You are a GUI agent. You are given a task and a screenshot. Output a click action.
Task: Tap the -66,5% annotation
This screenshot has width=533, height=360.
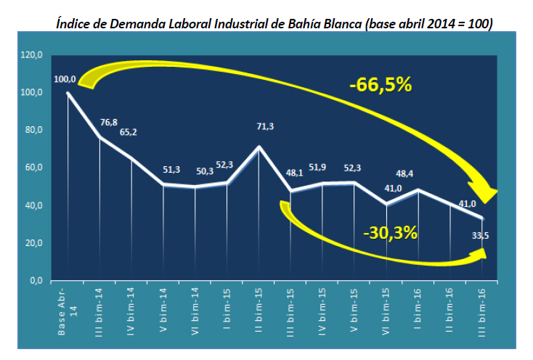click(x=380, y=85)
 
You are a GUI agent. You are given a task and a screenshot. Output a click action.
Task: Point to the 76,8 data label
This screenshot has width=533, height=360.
click(x=108, y=123)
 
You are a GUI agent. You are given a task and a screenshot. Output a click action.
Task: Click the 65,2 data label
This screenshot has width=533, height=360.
click(x=128, y=132)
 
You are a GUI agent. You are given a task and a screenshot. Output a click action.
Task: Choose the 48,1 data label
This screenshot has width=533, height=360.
click(x=295, y=173)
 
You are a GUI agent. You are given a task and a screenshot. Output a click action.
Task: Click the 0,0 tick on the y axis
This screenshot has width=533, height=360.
click(x=36, y=281)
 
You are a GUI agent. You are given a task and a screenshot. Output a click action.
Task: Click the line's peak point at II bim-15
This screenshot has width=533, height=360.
click(x=259, y=147)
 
